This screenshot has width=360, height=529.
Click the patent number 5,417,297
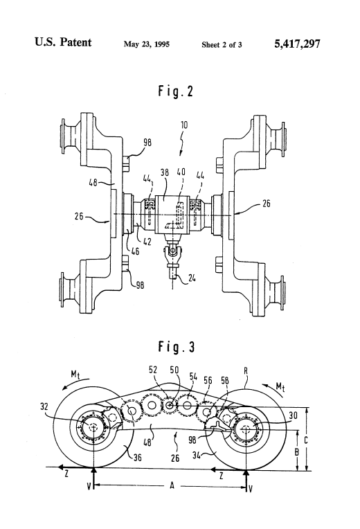pos(297,44)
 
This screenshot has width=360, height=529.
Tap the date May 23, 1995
pos(147,44)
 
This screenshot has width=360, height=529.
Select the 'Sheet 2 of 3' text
pos(222,44)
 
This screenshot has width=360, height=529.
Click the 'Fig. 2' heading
pos(176,91)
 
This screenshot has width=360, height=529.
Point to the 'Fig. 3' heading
pos(177,347)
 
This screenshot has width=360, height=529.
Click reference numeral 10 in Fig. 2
pos(184,125)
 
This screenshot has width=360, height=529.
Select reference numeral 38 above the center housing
pos(165,172)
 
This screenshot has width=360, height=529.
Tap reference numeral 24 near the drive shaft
pos(192,278)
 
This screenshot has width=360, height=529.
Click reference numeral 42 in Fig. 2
pos(147,242)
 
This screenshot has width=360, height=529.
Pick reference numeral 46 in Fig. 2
pos(135,251)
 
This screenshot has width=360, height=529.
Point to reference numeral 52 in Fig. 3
pos(153,370)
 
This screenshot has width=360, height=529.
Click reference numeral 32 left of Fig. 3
pos(44,406)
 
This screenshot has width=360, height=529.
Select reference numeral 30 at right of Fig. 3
pos(294,415)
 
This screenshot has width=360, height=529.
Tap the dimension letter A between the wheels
pos(172,486)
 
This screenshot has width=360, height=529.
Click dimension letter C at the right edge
pos(306,440)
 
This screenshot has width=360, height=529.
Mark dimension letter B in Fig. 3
pos(297,451)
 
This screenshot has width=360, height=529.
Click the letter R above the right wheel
pos(246,370)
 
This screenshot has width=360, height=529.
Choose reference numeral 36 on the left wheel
pos(138,458)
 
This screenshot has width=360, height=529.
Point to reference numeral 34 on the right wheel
pos(197,455)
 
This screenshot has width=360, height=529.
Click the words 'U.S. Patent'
pos(63,42)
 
